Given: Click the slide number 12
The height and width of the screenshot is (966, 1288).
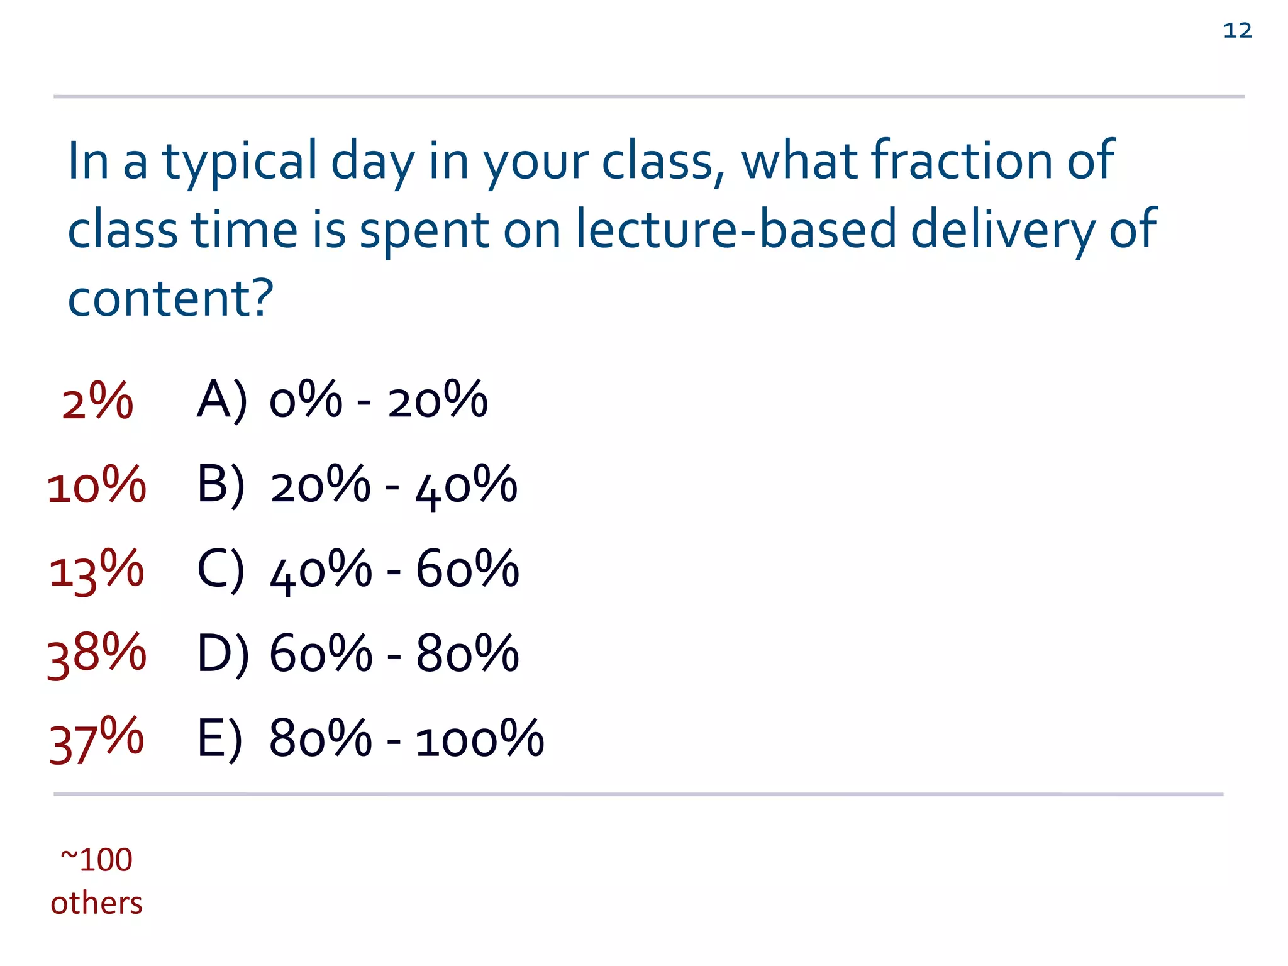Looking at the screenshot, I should pyautogui.click(x=1237, y=30).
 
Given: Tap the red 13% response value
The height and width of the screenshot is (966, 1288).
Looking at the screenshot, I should pyautogui.click(x=97, y=570).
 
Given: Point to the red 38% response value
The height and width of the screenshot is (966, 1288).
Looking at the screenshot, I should pyautogui.click(x=97, y=654).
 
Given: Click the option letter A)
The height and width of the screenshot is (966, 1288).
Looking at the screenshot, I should pyautogui.click(x=222, y=401).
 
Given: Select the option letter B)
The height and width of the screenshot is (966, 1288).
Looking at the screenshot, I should pyautogui.click(x=221, y=485).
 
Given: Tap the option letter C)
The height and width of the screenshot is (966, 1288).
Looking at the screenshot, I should pyautogui.click(x=221, y=570).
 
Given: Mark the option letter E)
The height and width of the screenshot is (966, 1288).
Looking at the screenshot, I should pyautogui.click(x=219, y=739).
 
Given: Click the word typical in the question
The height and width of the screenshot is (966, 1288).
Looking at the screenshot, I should pyautogui.click(x=239, y=162).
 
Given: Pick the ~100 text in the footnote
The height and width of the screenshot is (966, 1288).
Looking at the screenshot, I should pyautogui.click(x=97, y=859).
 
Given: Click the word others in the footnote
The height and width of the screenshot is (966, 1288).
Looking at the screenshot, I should pyautogui.click(x=97, y=903).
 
